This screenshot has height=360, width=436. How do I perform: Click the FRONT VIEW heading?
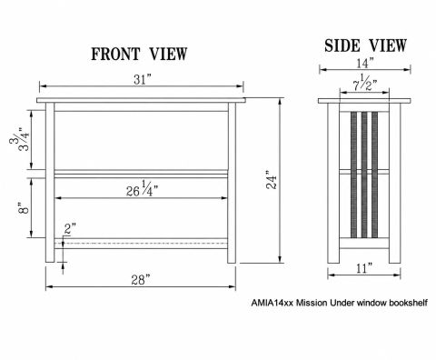[139, 55]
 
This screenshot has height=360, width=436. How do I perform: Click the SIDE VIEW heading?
[365, 45]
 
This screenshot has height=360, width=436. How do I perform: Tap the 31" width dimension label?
[143, 80]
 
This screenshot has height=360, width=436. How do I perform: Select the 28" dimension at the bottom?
[141, 280]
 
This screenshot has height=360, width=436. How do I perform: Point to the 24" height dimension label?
[272, 180]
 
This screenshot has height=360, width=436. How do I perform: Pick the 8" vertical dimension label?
[24, 208]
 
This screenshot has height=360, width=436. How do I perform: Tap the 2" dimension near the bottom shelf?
[70, 229]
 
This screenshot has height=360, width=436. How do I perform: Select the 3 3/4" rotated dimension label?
[20, 140]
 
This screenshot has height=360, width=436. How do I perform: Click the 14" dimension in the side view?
[365, 64]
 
